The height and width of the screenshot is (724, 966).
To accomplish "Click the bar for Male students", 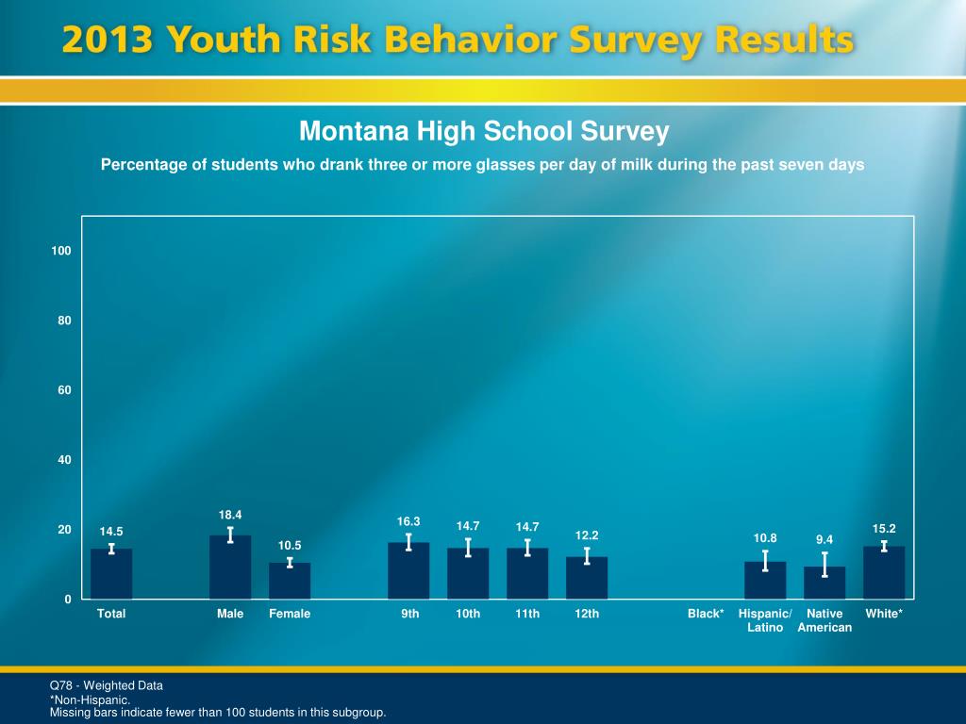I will pos(230,568).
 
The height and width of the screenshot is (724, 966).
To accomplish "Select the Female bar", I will pos(290,581).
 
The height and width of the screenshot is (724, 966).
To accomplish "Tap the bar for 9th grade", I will pos(408,571).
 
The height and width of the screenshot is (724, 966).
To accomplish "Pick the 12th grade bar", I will pos(587,578).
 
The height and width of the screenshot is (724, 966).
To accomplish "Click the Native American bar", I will pos(824,583).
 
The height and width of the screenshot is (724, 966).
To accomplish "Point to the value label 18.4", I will pos(230,515).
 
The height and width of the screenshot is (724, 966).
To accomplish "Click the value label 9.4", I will pos(824,539).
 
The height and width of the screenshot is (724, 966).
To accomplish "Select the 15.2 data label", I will pos(884,529).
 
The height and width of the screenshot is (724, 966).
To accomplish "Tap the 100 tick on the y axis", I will pos(62,251).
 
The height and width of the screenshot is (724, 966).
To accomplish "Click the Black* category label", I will pos(706,614).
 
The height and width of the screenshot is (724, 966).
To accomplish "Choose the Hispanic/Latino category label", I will pos(765,620).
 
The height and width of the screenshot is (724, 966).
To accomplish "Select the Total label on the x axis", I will pos(111,614).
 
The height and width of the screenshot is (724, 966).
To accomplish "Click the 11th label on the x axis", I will pos(527,614).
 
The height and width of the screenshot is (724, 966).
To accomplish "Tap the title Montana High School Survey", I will pos(484,131).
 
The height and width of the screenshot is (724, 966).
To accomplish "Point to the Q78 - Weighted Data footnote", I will pos(107,685).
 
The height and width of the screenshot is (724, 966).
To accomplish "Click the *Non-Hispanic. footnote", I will pos(90,700).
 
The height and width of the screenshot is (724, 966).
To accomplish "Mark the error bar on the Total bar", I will pos(111,549).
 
